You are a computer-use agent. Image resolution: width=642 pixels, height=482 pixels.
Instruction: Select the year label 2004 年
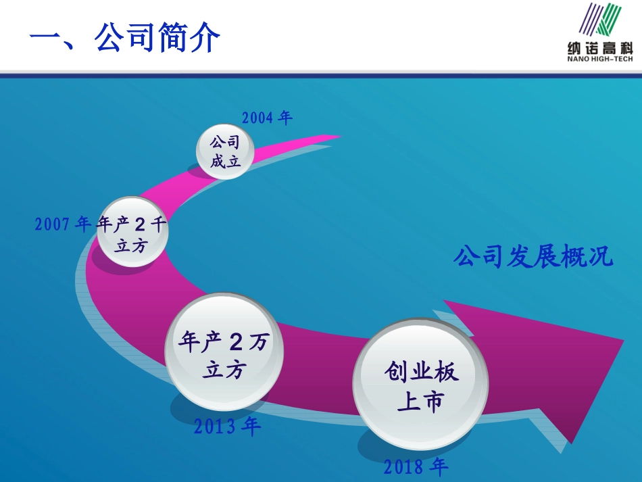tap(267, 118)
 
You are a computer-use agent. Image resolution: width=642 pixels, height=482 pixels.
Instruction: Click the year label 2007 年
tap(62, 224)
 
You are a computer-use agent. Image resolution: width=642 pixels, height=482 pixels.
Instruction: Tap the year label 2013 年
tap(227, 427)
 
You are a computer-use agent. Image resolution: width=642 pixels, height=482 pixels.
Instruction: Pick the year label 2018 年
tap(416, 466)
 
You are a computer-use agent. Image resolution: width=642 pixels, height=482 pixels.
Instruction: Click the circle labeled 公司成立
tap(225, 152)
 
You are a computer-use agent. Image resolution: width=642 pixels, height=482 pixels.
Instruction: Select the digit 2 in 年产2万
tap(235, 343)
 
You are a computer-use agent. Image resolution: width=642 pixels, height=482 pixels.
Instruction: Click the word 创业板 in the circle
tap(421, 370)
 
